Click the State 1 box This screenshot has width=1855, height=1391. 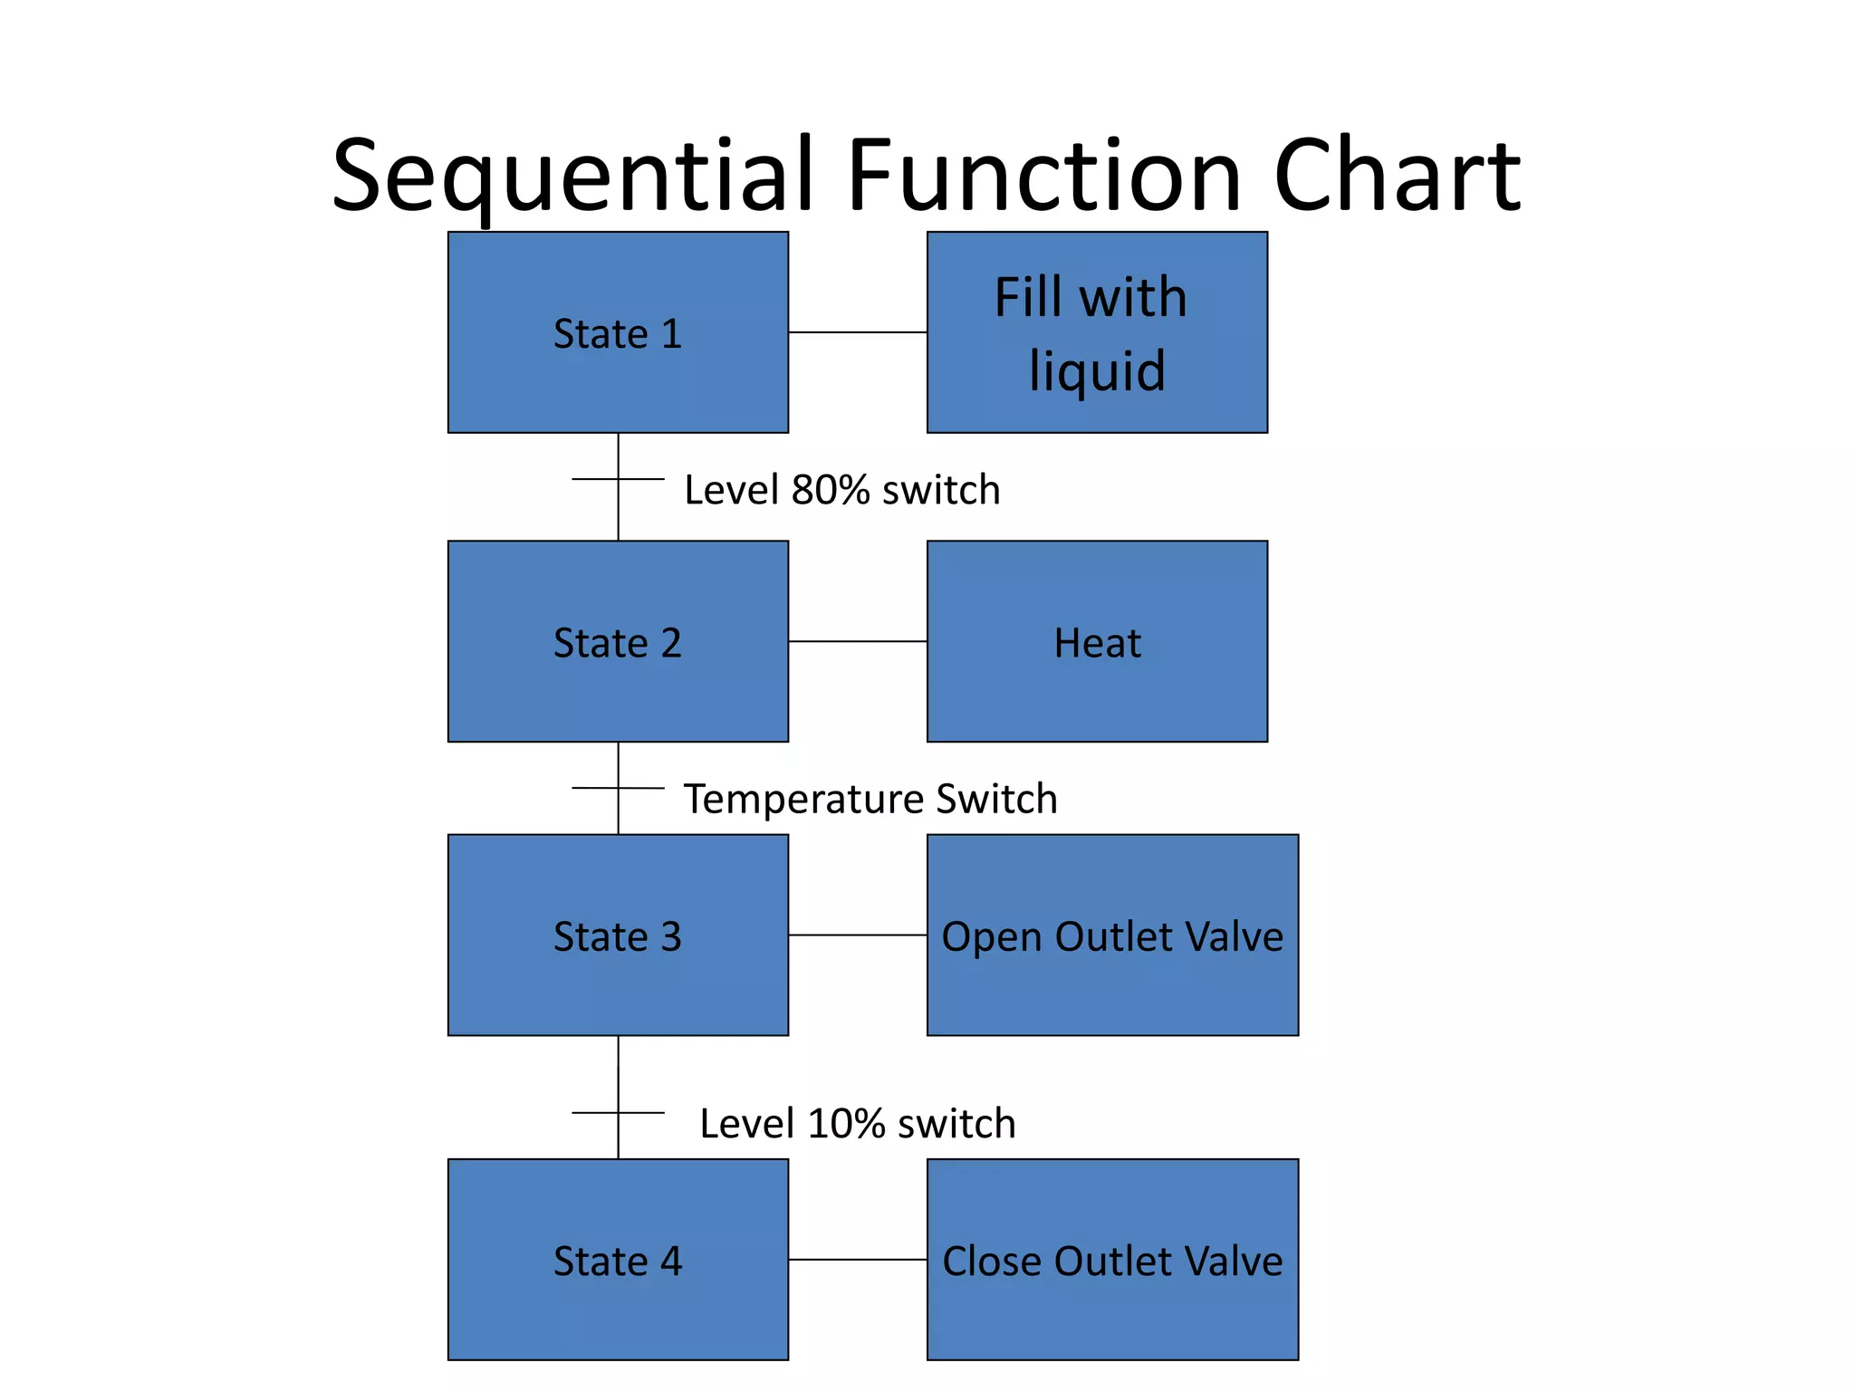click(x=618, y=332)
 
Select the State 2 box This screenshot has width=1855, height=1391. click(x=618, y=641)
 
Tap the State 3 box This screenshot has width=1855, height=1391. click(x=618, y=935)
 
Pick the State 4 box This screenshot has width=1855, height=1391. click(x=618, y=1259)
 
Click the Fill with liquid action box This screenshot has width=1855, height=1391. click(x=1097, y=332)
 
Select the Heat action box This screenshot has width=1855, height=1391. click(x=1097, y=641)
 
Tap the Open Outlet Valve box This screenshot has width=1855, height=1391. click(x=1112, y=935)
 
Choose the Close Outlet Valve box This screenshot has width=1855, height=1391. click(x=1112, y=1259)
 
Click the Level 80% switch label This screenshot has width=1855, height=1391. click(x=841, y=490)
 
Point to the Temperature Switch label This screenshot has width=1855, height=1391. click(x=870, y=799)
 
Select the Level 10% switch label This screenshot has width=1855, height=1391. click(x=857, y=1123)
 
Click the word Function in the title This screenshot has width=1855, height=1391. click(x=1043, y=177)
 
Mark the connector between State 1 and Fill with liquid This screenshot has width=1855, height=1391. click(x=857, y=332)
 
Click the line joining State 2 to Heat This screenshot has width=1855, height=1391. click(x=857, y=641)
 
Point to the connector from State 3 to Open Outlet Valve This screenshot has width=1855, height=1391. click(x=857, y=935)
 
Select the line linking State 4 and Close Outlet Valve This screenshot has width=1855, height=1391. click(x=857, y=1259)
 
